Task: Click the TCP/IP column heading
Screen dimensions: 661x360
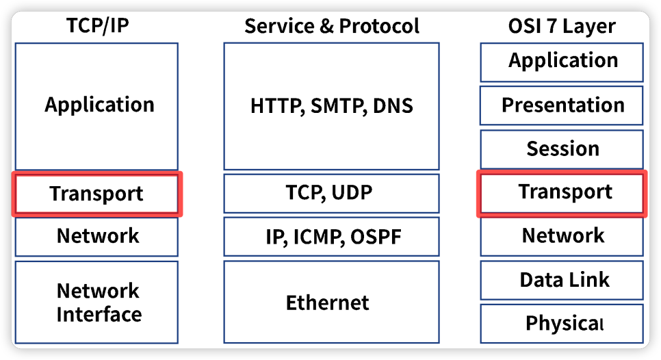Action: tap(97, 25)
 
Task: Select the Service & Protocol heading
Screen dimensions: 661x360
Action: tap(332, 26)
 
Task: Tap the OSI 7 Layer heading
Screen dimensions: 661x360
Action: tap(562, 26)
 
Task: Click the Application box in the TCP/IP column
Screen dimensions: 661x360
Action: tap(96, 106)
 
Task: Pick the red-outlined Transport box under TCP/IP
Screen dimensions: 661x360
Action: tap(97, 194)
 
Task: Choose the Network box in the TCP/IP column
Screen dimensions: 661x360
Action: tap(96, 237)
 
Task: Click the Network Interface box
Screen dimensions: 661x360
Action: tap(96, 303)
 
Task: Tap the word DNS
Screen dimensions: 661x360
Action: tap(393, 106)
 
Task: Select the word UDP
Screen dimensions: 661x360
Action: tap(352, 192)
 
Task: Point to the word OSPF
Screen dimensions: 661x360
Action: tap(376, 237)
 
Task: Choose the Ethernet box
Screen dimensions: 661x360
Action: tap(331, 302)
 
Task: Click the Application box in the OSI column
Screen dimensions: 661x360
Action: tap(562, 62)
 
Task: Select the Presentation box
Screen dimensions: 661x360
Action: tap(562, 105)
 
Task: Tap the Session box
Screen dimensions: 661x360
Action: tap(562, 149)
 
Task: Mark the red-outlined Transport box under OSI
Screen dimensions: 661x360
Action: tap(562, 194)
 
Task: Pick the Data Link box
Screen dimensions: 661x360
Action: tap(562, 280)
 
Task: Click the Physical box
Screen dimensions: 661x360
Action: tap(562, 324)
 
